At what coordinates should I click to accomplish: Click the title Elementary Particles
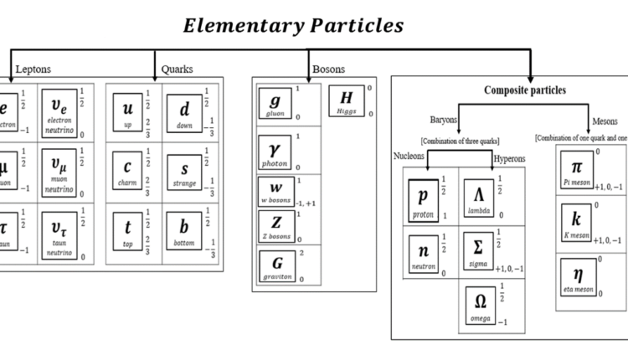293,25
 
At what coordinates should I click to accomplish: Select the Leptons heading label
33,69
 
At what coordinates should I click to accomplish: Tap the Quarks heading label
178,69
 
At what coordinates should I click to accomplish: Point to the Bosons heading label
328,69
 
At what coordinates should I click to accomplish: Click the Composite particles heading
525,90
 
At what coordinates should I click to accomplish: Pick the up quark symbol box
128,112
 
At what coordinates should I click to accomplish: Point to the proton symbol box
423,199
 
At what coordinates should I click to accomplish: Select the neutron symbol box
423,254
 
